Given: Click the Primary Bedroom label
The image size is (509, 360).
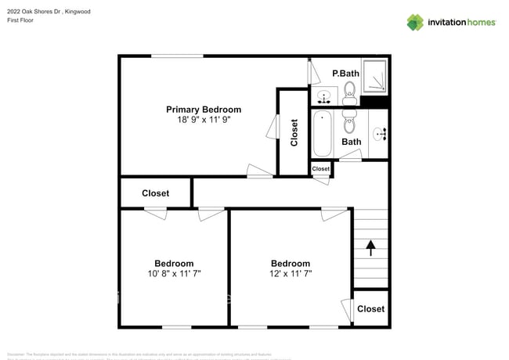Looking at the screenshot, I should [x=204, y=110].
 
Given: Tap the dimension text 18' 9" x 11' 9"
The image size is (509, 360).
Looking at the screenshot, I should [x=204, y=121].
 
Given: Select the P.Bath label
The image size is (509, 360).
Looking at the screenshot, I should [x=345, y=74].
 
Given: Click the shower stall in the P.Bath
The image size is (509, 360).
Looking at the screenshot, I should [x=376, y=77].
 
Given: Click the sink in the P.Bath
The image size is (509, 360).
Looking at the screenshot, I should [x=325, y=97].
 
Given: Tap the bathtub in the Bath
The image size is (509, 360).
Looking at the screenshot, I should [x=323, y=134].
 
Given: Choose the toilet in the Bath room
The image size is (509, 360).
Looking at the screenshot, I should [x=349, y=124].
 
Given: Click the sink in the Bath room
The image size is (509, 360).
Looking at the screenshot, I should [x=381, y=134].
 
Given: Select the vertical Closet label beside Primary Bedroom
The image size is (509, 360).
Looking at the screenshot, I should [x=294, y=133].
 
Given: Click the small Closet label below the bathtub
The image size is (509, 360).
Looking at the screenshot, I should [x=321, y=169].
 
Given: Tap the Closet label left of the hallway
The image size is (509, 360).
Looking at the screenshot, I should [x=155, y=193].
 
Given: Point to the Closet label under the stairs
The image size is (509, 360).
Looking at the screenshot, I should [x=370, y=309].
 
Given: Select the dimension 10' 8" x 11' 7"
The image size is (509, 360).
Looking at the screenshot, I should [x=174, y=274].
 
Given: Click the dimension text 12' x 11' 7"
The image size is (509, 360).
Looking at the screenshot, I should [x=291, y=274].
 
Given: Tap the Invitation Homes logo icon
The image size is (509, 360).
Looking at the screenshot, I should [x=415, y=22].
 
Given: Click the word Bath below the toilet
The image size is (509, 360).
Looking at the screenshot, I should [x=352, y=142].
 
